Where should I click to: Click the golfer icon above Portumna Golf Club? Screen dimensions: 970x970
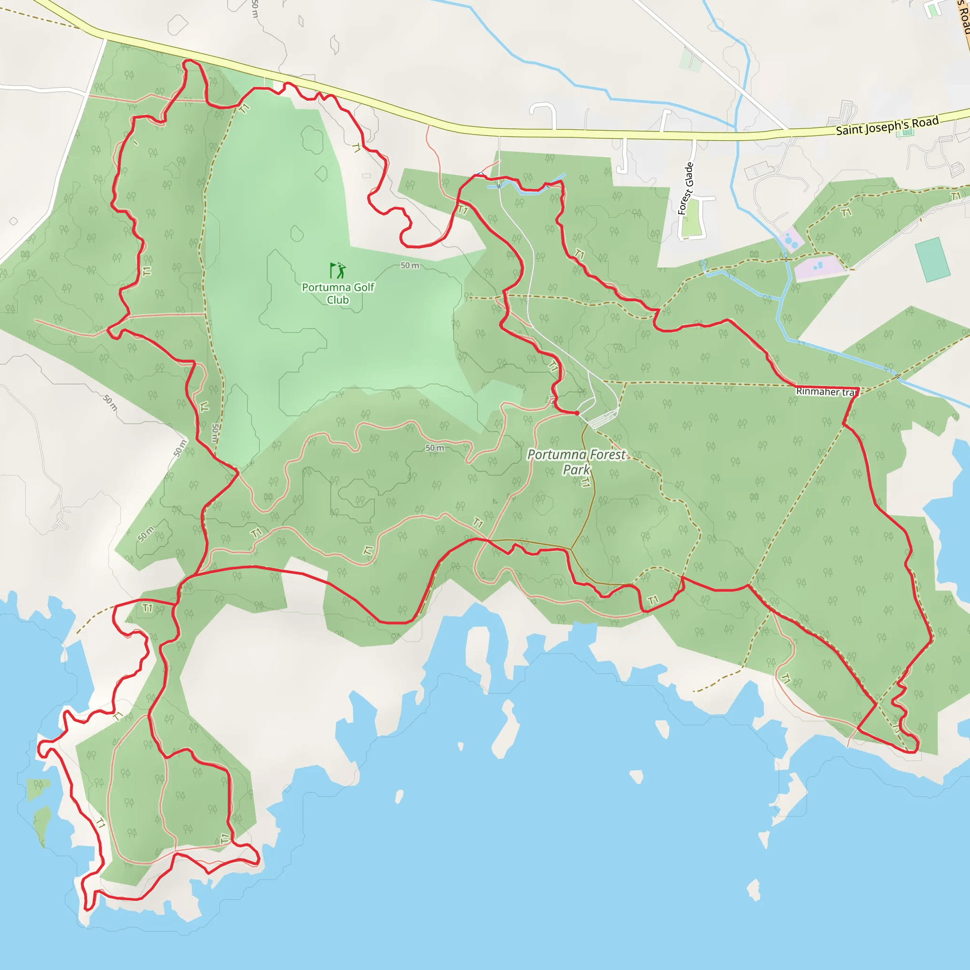coord(337,270)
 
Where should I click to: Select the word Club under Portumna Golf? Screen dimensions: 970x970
coord(338,300)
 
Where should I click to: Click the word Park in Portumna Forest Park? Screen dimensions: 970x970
coord(576,470)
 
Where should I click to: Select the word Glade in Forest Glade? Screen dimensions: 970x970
coord(689,175)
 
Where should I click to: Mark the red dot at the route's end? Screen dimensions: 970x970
coord(577,413)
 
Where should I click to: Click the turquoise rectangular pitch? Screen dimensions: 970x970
coord(932,260)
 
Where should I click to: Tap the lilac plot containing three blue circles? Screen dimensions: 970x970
coord(791,240)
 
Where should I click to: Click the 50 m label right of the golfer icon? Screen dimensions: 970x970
coord(410,266)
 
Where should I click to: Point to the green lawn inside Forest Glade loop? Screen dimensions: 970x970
coord(692,219)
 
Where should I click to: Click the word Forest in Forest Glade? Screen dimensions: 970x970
coord(683,202)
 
